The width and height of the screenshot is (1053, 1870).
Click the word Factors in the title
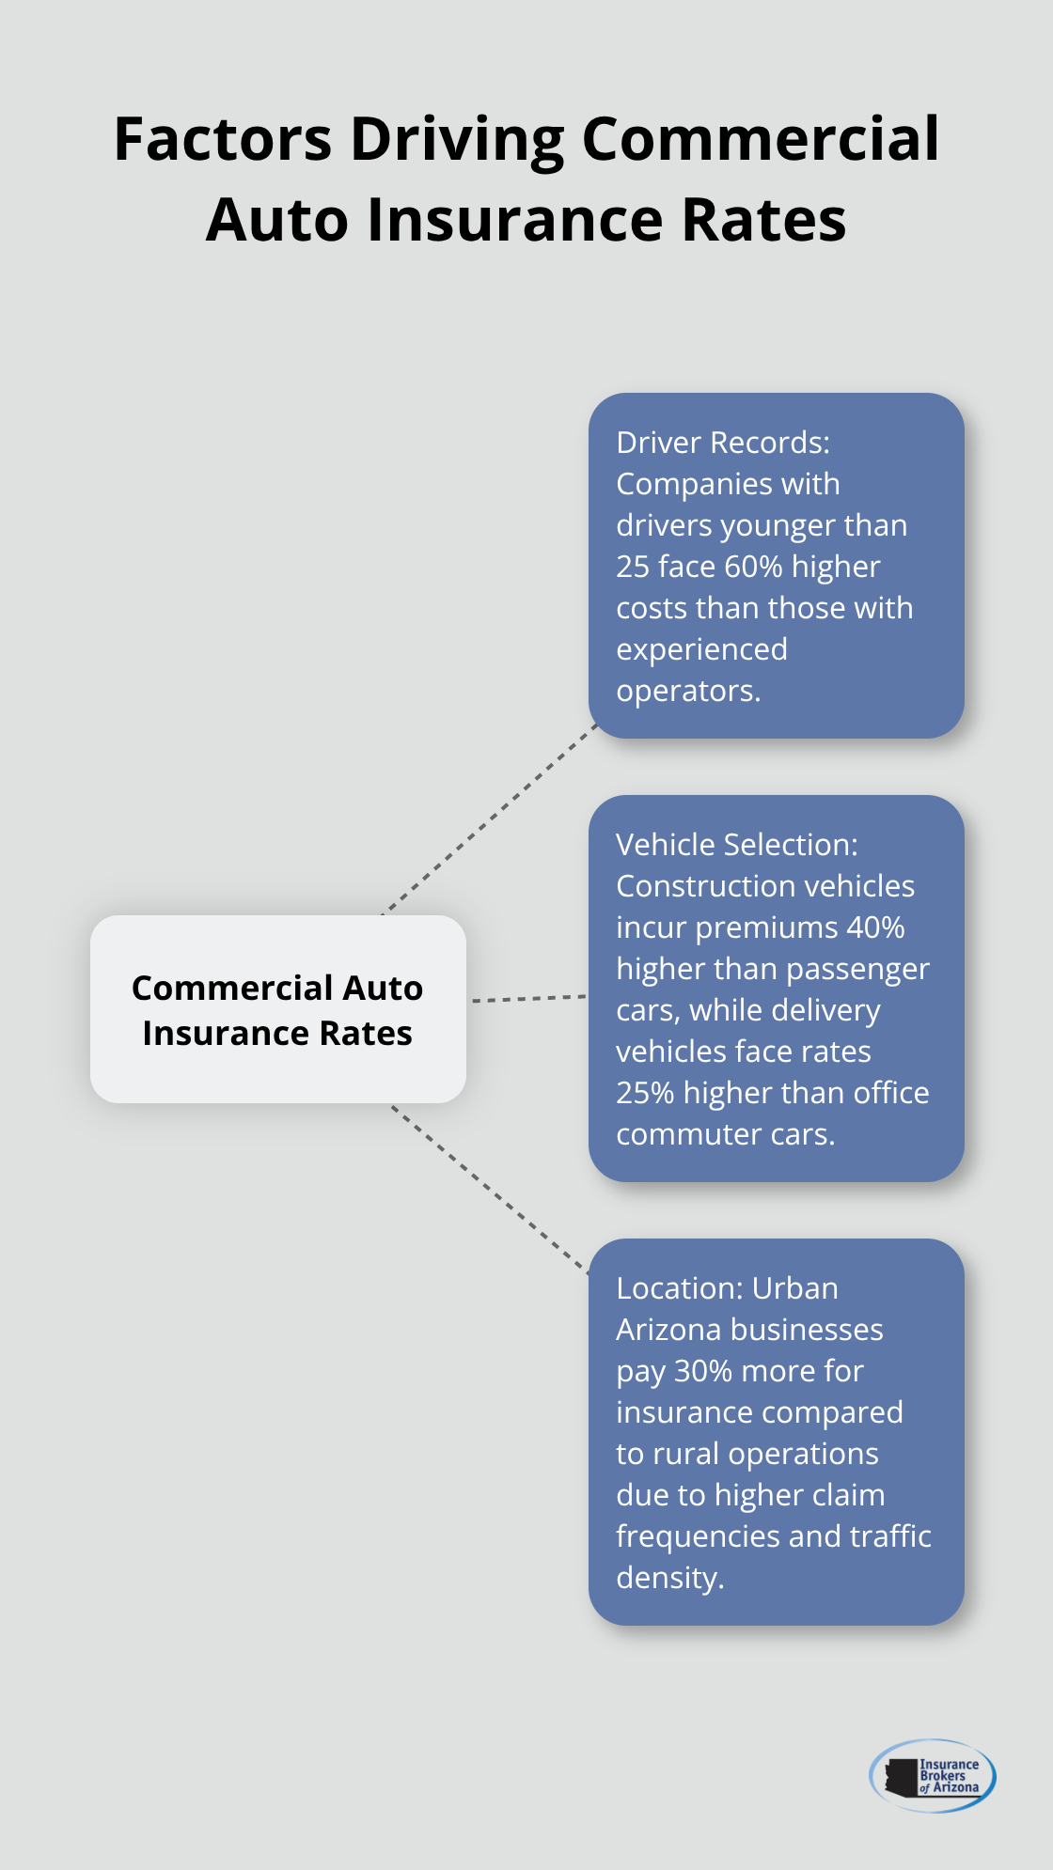pos(223,139)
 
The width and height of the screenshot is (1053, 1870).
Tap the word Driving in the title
pos(457,139)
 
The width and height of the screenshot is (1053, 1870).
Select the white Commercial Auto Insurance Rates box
pos(277,1009)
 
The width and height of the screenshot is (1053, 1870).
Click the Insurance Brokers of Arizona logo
pos(933,1775)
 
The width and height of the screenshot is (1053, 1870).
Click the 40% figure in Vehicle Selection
pos(875,927)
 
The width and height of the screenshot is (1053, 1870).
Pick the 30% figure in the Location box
pos(703,1371)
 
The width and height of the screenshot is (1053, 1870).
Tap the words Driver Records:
pos(722,443)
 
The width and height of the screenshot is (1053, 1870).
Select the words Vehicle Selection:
pos(736,845)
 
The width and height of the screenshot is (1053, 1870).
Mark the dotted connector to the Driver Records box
pos(489,819)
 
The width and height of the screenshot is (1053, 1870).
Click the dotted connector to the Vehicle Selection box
pos(528,998)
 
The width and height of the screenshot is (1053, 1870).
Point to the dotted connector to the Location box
pos(489,1189)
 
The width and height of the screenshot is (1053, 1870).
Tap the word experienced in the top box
pos(701,649)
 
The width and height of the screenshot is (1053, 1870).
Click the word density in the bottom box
pos(668,1578)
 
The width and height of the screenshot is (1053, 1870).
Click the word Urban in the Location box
pos(794,1288)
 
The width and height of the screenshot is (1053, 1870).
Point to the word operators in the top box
pos(685,691)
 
